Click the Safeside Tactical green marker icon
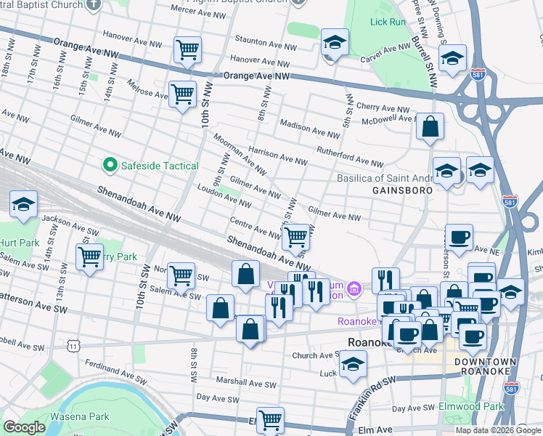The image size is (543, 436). pyautogui.click(x=110, y=166)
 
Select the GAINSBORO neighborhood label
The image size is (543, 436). pyautogui.click(x=402, y=190)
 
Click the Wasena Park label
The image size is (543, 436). pyautogui.click(x=79, y=416)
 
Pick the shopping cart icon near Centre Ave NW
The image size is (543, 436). pyautogui.click(x=295, y=236)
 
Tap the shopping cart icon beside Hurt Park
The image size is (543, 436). pyautogui.click(x=89, y=257)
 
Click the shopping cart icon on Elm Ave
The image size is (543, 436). pyautogui.click(x=270, y=419)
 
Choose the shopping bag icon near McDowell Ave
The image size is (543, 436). pyautogui.click(x=430, y=126)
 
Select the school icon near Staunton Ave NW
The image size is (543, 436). pyautogui.click(x=335, y=43)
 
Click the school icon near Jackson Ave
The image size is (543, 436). pyautogui.click(x=24, y=205)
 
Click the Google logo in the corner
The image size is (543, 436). pyautogui.click(x=24, y=427)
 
